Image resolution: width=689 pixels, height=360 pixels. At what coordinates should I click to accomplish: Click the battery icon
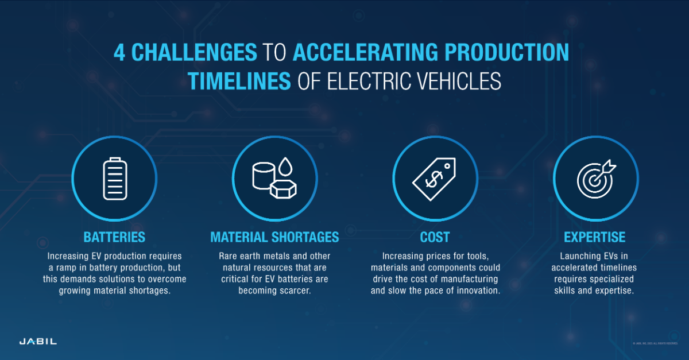(114, 179)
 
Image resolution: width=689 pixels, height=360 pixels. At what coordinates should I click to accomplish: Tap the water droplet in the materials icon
(285, 168)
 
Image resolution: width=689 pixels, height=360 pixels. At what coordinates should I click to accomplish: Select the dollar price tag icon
(434, 179)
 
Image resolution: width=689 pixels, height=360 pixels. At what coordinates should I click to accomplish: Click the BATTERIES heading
(114, 237)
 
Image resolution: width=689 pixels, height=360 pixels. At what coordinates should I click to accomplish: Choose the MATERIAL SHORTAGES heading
(274, 237)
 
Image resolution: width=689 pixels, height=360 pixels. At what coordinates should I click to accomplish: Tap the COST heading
(435, 237)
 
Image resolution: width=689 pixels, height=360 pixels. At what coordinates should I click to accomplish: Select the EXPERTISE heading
(594, 237)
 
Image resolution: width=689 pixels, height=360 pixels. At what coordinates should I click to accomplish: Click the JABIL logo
(38, 342)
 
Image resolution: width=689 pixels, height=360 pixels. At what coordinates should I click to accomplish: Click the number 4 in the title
(119, 53)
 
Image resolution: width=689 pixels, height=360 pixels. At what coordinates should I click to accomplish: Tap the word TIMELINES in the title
(239, 81)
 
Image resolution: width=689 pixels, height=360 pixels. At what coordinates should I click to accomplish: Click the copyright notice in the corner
(655, 343)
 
